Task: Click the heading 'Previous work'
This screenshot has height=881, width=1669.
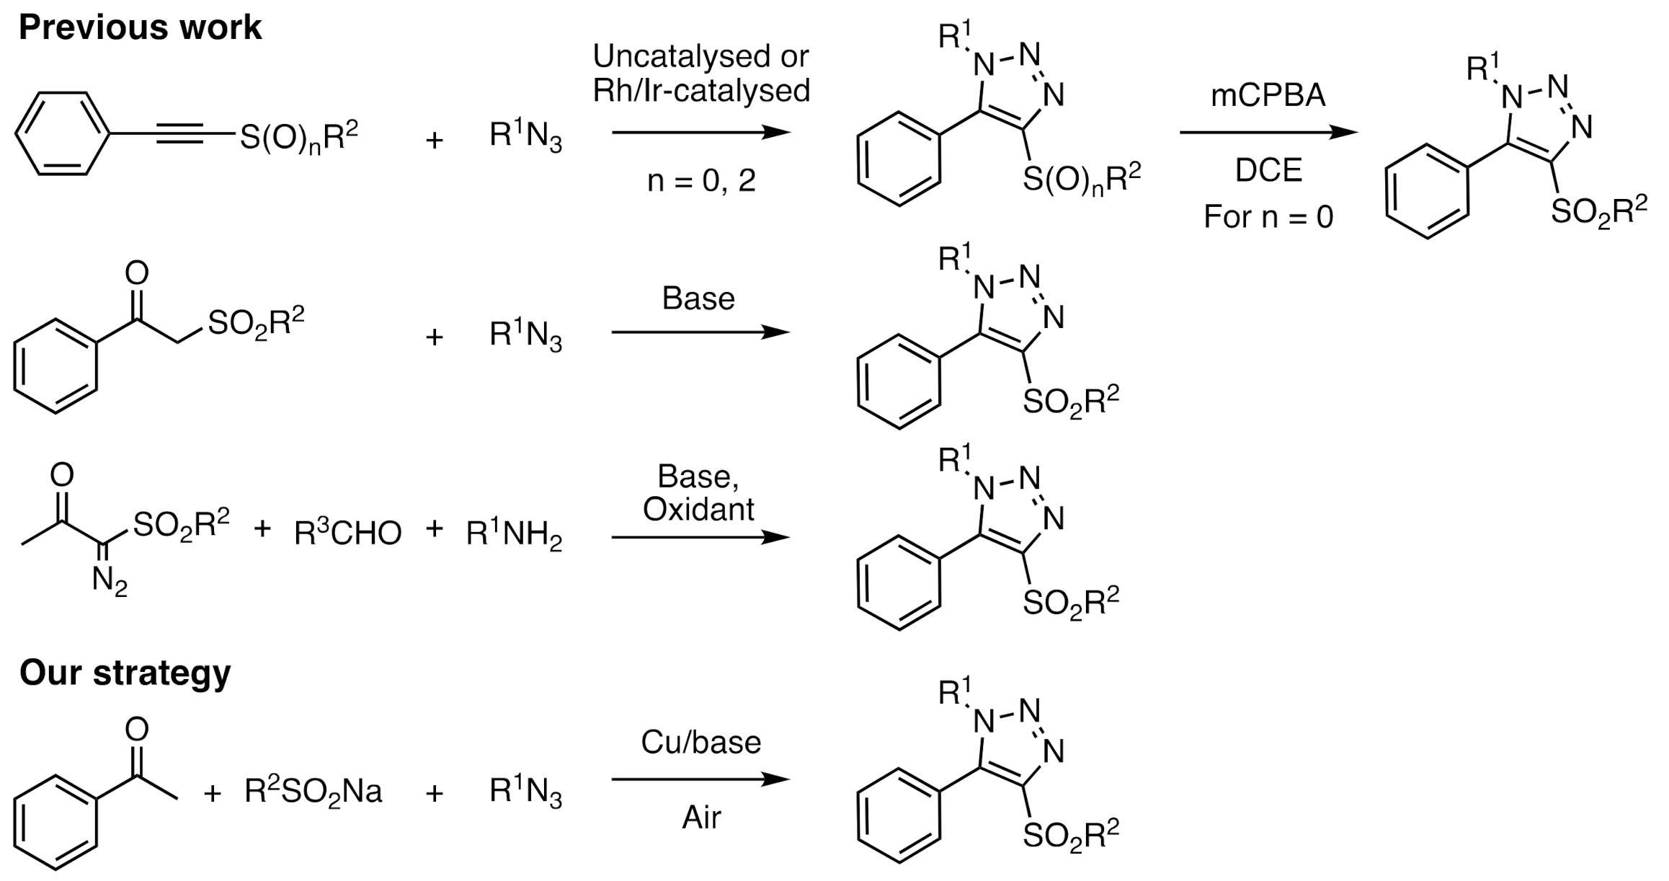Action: pos(140,27)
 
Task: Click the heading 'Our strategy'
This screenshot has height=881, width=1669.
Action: pos(125,672)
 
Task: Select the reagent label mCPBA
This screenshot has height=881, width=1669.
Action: pos(1268,97)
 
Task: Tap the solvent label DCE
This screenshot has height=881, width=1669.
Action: pos(1268,171)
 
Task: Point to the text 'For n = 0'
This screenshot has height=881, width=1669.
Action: pos(1268,216)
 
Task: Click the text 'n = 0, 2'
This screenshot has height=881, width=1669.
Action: pos(701,180)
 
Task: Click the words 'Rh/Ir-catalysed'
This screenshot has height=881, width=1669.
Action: pos(701,91)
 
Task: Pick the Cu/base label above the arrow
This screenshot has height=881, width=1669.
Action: pos(700,743)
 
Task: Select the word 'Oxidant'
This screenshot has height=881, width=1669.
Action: pos(698,510)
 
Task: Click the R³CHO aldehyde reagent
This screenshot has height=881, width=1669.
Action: pos(348,534)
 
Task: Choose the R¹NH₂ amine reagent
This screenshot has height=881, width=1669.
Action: pos(514,534)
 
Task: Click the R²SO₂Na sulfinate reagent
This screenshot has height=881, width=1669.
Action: pos(313,792)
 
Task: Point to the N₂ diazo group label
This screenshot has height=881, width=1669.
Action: pos(110,581)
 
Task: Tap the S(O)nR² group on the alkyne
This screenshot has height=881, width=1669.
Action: pos(298,137)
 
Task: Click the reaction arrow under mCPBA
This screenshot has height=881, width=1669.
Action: pos(1268,133)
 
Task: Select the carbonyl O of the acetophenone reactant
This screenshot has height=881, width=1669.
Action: pos(136,729)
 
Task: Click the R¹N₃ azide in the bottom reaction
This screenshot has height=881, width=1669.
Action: pos(525,792)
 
